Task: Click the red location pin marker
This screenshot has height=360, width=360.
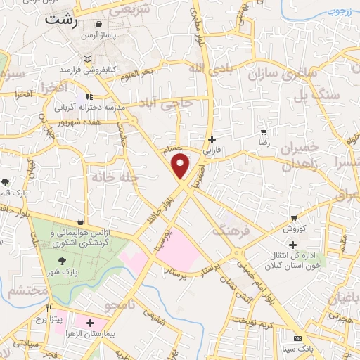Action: click(181, 166)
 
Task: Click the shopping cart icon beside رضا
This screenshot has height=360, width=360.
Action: click(263, 131)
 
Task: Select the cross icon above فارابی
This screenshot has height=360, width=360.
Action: click(212, 139)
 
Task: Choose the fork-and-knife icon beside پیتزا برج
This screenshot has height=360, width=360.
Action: click(49, 308)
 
